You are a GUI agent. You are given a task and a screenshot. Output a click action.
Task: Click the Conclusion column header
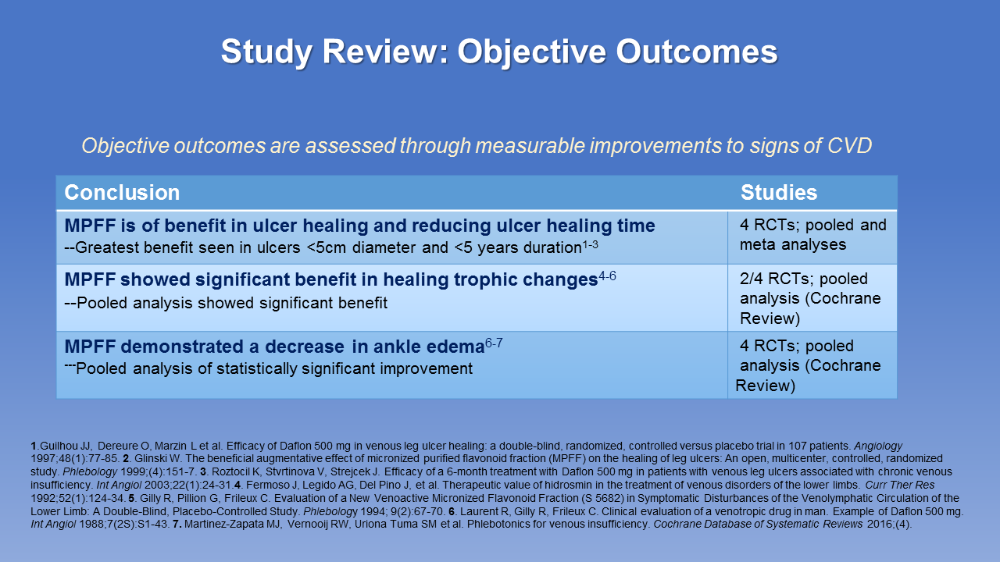(122, 193)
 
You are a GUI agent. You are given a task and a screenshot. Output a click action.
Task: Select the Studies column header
(779, 193)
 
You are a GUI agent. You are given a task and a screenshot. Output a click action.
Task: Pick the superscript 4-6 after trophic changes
(607, 276)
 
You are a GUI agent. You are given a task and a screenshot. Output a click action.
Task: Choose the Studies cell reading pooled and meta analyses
(812, 235)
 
